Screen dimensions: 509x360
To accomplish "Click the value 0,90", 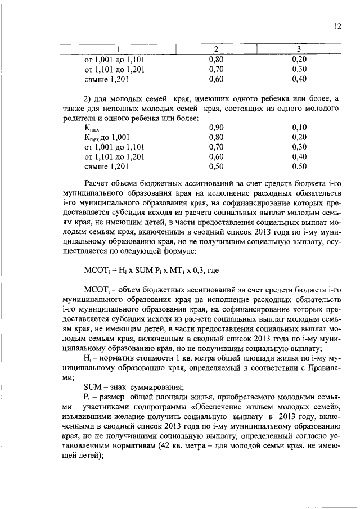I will coord(216,128).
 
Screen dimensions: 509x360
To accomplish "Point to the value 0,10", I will coord(299,128).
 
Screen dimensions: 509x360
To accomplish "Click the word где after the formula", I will coord(212,270).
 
